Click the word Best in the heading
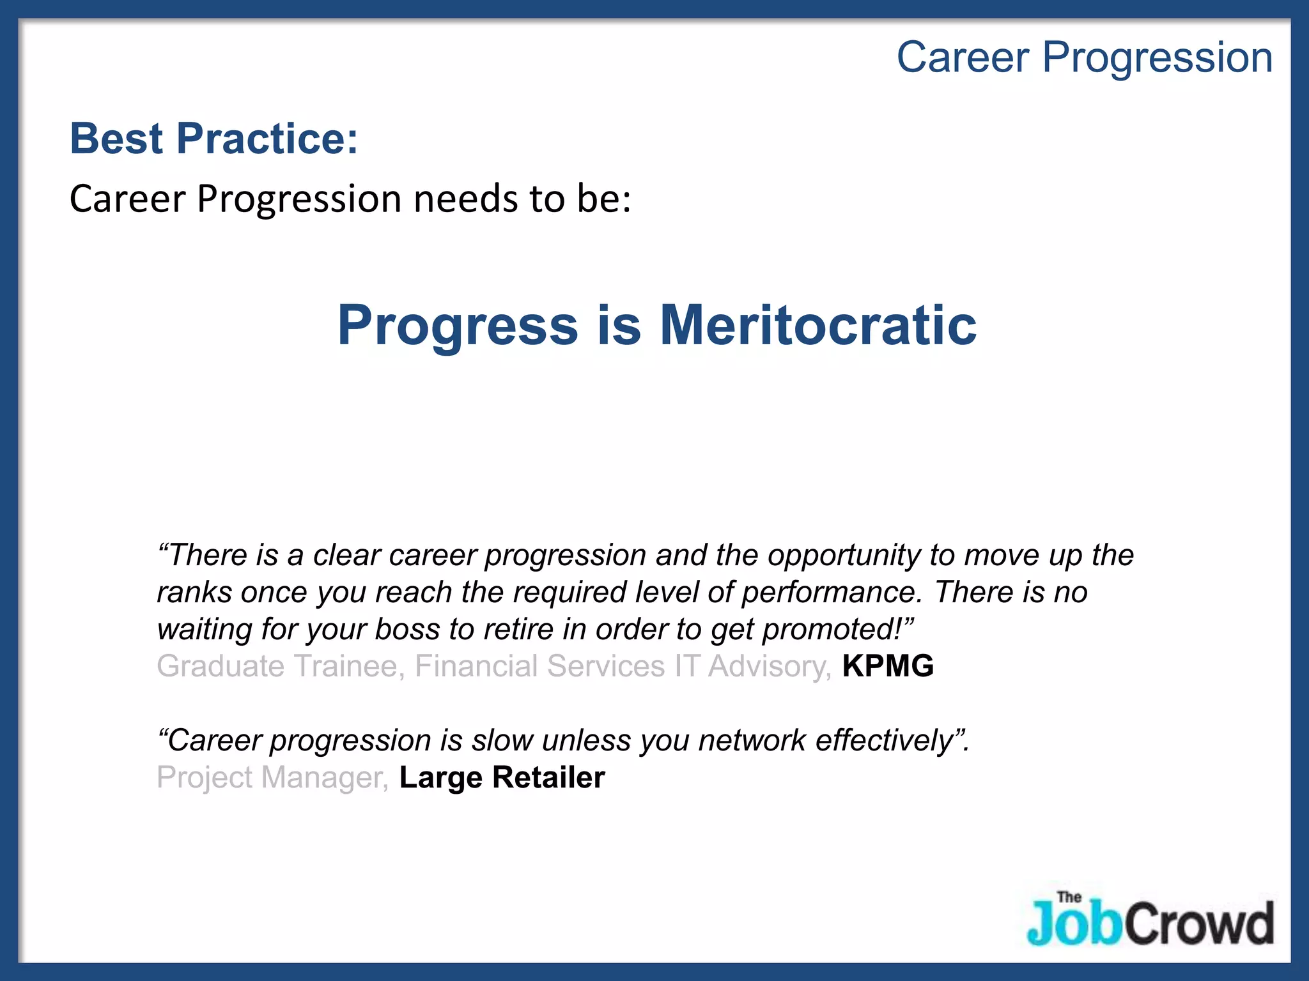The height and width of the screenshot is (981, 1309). (x=116, y=139)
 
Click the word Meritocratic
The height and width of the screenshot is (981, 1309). (x=818, y=325)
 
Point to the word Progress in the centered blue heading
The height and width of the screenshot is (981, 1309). (x=458, y=326)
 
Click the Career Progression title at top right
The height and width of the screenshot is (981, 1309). (x=1084, y=57)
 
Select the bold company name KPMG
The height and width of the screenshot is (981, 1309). (x=888, y=666)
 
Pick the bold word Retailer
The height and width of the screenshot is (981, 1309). (x=548, y=777)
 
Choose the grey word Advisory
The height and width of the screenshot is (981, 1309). (x=769, y=666)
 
